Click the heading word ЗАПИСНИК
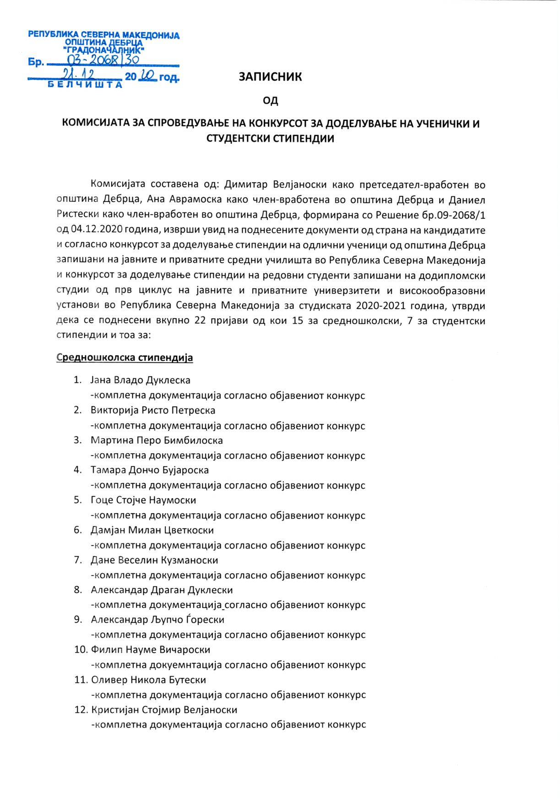(x=270, y=76)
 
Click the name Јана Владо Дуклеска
(x=140, y=380)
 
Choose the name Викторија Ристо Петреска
(x=153, y=410)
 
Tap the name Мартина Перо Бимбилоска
(x=157, y=440)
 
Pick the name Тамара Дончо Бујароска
(x=150, y=470)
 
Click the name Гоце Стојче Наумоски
(x=143, y=500)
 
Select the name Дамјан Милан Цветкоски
(x=152, y=530)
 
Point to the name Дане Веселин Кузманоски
(x=154, y=560)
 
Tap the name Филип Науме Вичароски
(x=151, y=650)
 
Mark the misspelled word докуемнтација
(x=185, y=665)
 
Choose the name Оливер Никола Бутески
(x=149, y=679)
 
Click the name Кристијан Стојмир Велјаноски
(x=164, y=710)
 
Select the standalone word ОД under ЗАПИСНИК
(x=270, y=100)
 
